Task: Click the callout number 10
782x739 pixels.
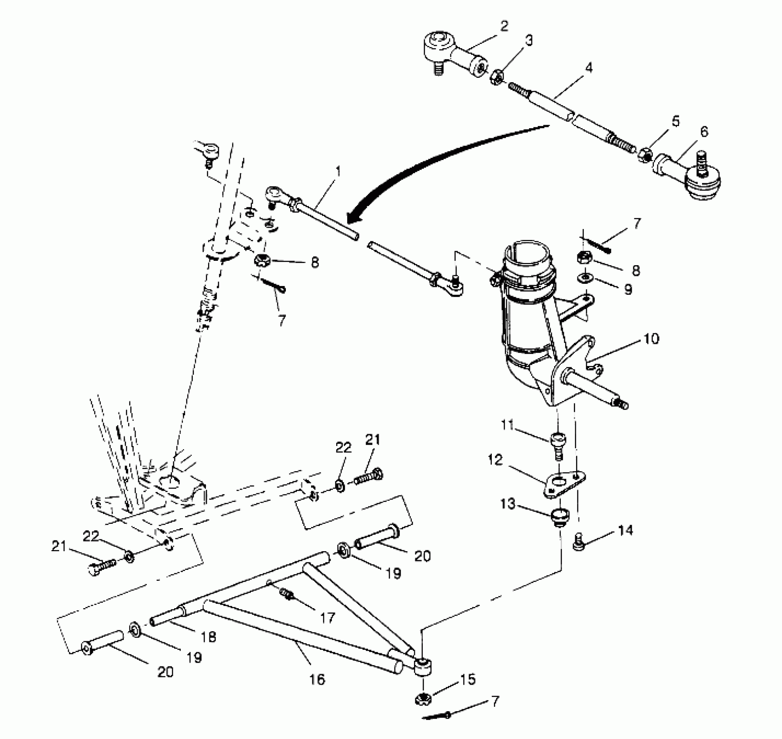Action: coord(650,338)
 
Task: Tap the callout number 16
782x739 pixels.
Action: coord(318,679)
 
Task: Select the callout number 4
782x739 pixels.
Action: coord(589,68)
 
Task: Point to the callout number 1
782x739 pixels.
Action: coord(338,171)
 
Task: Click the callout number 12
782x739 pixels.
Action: coord(495,460)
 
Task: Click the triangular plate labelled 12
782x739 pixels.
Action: coord(564,483)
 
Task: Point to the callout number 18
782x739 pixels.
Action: coord(209,637)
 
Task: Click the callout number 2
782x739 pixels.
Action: coord(504,26)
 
